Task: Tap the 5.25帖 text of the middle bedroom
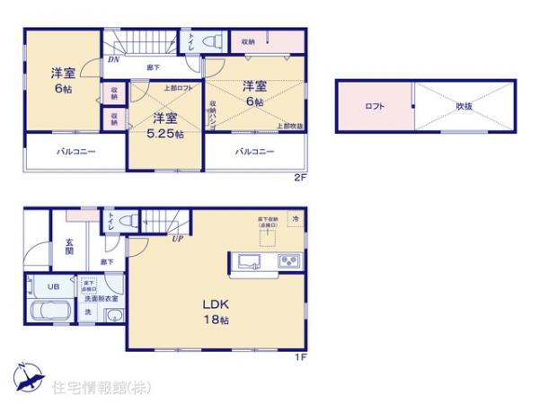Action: point(167,134)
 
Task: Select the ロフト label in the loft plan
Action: point(375,107)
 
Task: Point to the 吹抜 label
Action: point(464,107)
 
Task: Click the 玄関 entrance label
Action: point(70,246)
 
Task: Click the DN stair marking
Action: point(114,59)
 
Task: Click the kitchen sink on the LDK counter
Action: point(249,262)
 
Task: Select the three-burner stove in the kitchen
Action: point(289,262)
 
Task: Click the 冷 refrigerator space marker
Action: point(296,218)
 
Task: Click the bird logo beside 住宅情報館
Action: point(27,378)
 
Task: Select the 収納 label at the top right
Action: point(247,41)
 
